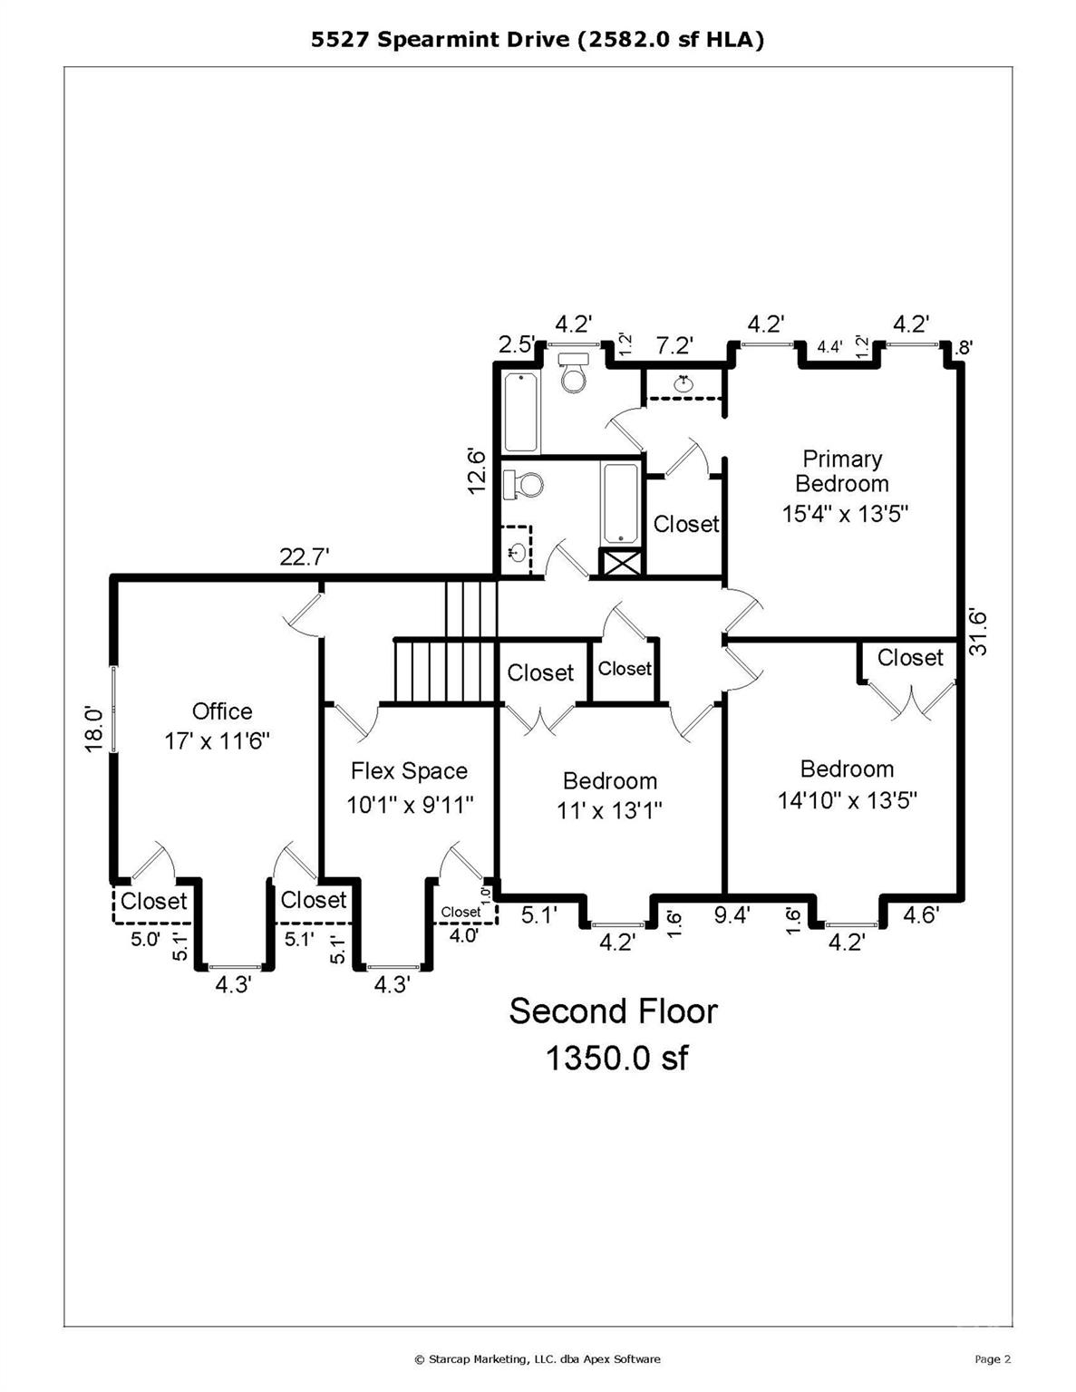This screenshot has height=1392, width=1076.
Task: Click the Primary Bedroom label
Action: tap(842, 471)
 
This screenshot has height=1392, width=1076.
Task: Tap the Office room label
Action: tap(222, 711)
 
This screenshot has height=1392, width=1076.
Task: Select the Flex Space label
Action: tap(409, 770)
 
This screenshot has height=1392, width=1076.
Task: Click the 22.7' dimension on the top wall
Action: tap(305, 556)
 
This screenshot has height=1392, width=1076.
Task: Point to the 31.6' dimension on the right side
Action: tap(978, 631)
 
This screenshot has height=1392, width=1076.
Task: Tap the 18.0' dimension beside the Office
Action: tap(93, 729)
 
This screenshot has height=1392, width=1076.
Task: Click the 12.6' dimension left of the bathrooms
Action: tap(477, 471)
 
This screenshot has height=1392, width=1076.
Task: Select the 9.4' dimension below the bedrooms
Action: tap(732, 916)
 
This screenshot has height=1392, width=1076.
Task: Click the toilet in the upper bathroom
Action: tap(573, 372)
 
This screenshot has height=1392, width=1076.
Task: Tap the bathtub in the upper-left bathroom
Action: tap(520, 413)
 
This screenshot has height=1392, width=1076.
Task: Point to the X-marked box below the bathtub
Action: tap(620, 562)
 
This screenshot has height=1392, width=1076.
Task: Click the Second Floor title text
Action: tap(613, 1010)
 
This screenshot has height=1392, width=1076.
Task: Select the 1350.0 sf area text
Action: tap(616, 1058)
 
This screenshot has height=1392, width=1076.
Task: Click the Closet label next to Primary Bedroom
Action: tap(686, 524)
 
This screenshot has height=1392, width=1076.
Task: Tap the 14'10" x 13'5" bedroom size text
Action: tap(848, 800)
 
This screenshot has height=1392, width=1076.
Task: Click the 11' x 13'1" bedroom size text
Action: tap(609, 811)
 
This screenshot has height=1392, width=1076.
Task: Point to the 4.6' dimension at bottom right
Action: tap(921, 915)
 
